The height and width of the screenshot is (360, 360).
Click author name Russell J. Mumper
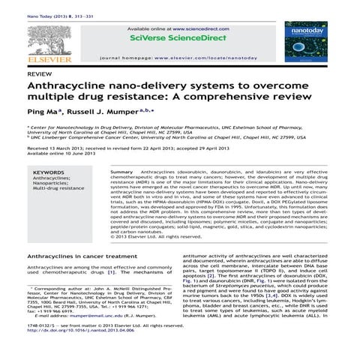click(98, 113)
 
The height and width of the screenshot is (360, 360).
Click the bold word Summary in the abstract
click(122, 172)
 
